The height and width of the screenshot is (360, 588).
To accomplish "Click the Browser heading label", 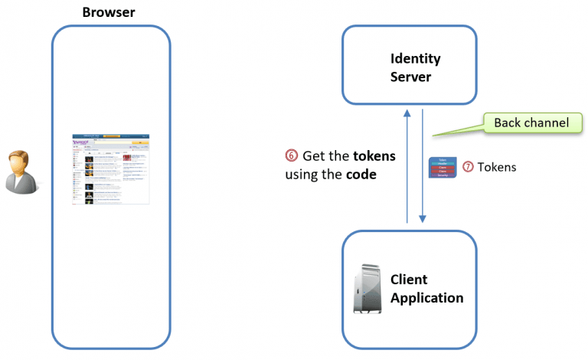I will [x=109, y=12].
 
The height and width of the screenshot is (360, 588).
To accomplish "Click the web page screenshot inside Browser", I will [x=111, y=169].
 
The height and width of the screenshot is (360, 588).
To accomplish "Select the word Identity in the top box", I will [x=415, y=58].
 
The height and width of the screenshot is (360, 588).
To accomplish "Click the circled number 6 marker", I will [x=292, y=155].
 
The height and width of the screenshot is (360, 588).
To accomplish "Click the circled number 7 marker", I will [x=468, y=167].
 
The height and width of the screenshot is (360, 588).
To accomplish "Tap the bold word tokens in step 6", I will [x=374, y=155].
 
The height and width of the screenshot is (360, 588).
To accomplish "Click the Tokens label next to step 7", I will [x=497, y=167].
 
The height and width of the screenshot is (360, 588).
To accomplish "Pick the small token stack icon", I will [x=443, y=167].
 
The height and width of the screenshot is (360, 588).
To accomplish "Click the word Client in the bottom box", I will [x=409, y=280].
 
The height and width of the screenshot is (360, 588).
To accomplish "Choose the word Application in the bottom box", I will [x=427, y=298].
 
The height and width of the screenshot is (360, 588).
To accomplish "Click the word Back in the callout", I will [x=508, y=123].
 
